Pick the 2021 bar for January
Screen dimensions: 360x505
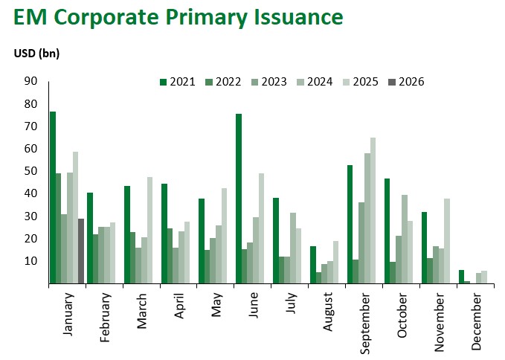pos(53,197)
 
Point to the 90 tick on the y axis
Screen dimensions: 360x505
pos(30,81)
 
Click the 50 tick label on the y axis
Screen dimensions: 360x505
pos(30,171)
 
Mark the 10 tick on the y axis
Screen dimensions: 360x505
pos(30,261)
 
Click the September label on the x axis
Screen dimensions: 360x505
pos(364,321)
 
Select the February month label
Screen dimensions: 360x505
pos(105,318)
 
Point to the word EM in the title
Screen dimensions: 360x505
pos(29,18)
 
